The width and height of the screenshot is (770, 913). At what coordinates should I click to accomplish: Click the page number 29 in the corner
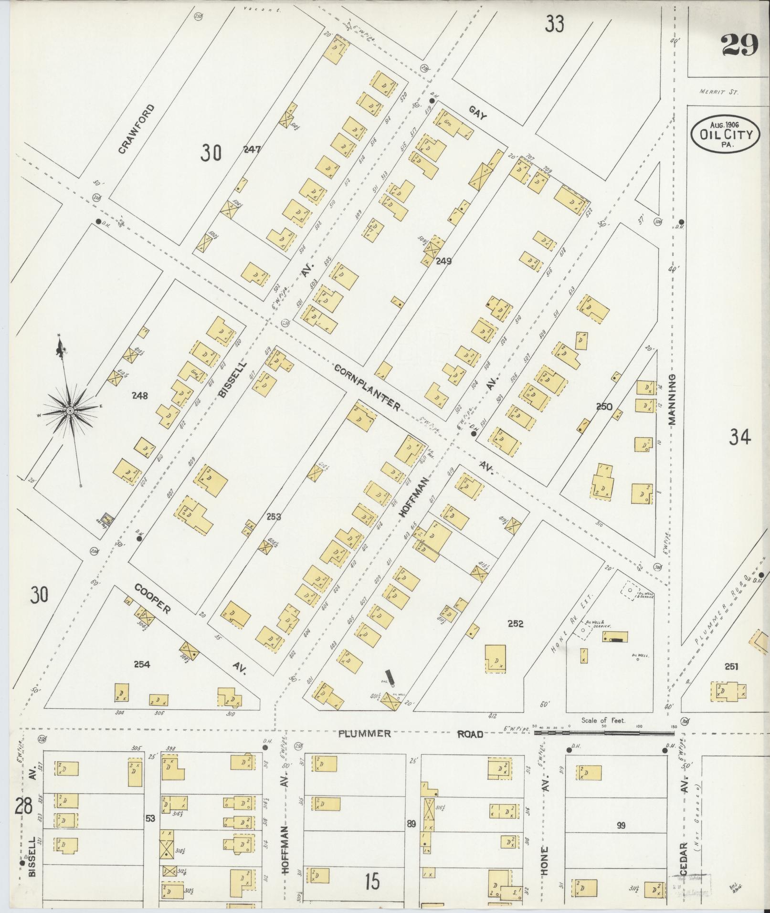click(739, 46)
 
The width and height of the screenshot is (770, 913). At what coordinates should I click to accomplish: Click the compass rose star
click(70, 410)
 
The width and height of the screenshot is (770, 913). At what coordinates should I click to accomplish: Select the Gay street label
click(477, 113)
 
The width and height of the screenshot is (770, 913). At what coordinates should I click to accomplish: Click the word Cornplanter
click(367, 387)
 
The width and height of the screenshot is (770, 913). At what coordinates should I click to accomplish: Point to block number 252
click(516, 623)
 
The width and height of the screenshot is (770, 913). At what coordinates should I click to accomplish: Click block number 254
click(142, 664)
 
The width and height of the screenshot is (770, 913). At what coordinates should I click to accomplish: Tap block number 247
click(252, 149)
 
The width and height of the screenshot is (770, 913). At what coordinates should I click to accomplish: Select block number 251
click(731, 667)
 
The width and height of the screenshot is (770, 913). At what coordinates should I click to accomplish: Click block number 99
click(621, 825)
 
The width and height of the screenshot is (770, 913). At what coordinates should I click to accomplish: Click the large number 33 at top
click(555, 23)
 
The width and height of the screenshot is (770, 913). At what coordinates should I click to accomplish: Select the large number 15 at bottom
click(372, 881)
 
